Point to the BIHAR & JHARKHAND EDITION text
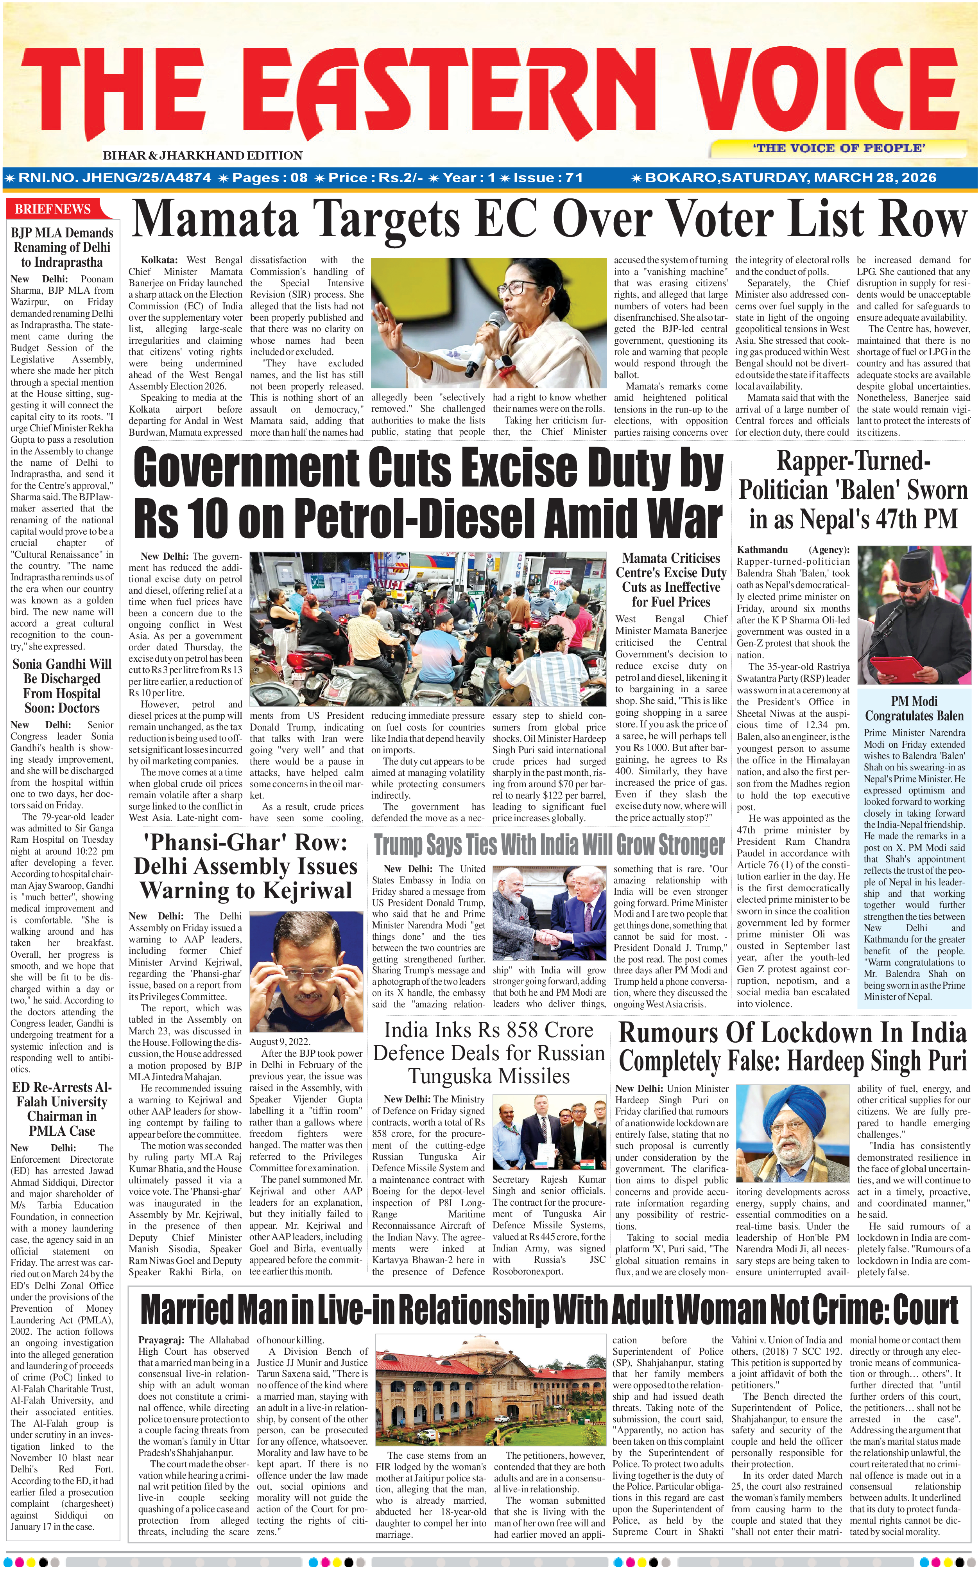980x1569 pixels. (202, 156)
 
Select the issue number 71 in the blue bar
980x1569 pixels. (573, 178)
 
